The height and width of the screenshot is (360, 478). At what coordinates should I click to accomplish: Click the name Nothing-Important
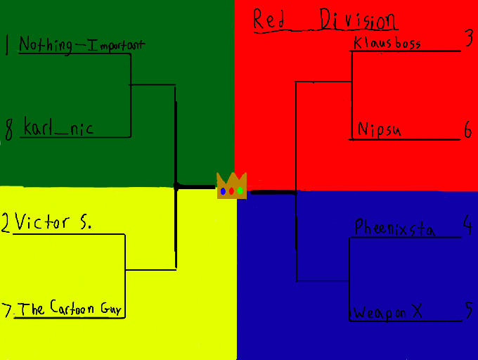[x=82, y=45]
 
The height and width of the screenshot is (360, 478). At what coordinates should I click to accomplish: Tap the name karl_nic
[x=58, y=128]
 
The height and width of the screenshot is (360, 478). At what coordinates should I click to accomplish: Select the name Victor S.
[x=53, y=223]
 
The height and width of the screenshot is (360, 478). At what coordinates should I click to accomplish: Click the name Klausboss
[x=387, y=43]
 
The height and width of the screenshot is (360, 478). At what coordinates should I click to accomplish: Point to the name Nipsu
[x=379, y=129]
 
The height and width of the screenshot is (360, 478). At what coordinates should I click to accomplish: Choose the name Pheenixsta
[x=394, y=229]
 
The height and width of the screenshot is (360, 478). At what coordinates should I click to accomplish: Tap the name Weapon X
[x=388, y=312]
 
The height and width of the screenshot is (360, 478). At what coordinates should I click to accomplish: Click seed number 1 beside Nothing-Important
[x=7, y=46]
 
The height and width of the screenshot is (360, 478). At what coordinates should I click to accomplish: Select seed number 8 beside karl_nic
[x=9, y=130]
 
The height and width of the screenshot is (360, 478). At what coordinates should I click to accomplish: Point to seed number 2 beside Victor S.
[x=6, y=224]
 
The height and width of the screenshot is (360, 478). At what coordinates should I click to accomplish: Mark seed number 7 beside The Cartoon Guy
[x=7, y=309]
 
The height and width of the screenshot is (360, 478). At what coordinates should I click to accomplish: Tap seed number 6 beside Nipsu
[x=468, y=129]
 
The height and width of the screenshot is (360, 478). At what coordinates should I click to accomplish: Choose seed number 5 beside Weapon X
[x=468, y=310]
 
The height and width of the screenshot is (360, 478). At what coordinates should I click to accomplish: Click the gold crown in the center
[x=231, y=186]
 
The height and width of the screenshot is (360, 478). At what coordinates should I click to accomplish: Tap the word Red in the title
[x=269, y=20]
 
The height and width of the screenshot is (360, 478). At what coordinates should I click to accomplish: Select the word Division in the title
[x=358, y=20]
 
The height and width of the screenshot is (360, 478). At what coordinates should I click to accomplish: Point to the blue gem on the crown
[x=223, y=191]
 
